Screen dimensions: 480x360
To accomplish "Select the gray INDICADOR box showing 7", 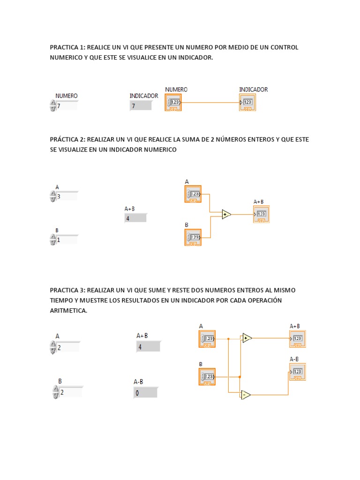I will [141, 106].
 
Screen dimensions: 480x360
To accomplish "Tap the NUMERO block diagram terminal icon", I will [173, 102].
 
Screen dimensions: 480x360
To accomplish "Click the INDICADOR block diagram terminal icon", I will [247, 102].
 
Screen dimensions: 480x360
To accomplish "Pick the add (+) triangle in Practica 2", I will [226, 215].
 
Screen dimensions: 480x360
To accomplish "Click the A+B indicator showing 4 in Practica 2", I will [135, 218].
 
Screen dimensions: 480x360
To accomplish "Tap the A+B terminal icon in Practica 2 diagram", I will [261, 214].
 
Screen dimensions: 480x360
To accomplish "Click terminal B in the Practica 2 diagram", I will [193, 237].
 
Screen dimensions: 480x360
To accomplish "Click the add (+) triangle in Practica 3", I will [247, 338].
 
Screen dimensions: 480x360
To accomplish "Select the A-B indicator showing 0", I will [145, 393].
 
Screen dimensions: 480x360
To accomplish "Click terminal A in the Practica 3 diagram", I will [207, 338].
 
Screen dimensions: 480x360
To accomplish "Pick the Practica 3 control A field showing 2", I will [68, 347].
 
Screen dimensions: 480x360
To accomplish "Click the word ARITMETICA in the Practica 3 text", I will [68, 310].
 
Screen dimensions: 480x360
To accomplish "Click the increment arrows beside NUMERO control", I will [52, 106].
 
